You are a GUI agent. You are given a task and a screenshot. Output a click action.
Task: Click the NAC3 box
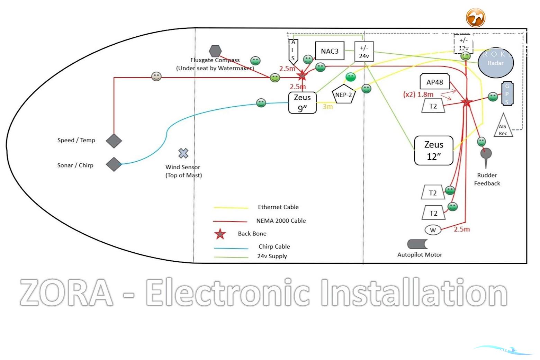[330, 51]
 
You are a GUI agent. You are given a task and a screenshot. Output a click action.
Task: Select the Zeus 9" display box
[302, 103]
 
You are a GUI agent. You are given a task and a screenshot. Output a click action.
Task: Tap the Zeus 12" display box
[434, 151]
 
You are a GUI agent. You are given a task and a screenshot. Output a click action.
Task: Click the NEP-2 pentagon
[343, 94]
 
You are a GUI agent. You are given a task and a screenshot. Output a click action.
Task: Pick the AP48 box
[435, 82]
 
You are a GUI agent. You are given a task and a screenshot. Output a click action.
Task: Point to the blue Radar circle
[496, 63]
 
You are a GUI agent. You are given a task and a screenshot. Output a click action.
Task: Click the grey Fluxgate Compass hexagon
[215, 51]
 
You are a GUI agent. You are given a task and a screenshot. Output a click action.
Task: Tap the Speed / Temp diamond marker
[114, 141]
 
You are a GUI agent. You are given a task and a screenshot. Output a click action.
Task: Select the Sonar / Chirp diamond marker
[114, 164]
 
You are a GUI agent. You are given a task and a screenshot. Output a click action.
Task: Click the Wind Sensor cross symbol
[183, 153]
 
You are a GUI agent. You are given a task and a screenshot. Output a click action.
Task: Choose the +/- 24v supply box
[364, 52]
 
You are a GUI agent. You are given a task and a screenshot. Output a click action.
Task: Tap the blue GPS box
[507, 94]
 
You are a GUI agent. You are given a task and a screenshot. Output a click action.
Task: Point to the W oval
[433, 230]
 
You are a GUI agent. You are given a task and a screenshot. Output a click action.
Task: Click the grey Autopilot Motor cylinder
[417, 244]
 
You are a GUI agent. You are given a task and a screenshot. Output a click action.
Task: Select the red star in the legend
[220, 234]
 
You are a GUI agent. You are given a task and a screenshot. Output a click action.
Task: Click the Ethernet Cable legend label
[278, 207]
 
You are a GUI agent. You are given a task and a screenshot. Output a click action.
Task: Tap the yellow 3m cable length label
[327, 107]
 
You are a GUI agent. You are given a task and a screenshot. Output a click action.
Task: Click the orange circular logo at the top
[476, 18]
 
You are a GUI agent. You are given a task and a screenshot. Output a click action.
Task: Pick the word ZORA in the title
[66, 293]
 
